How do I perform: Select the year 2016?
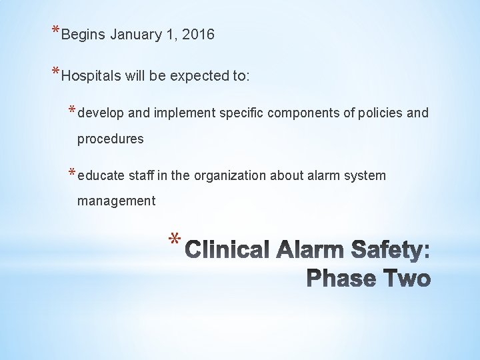tap(197, 35)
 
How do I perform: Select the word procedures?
tap(110, 139)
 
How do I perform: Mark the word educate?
tap(101, 175)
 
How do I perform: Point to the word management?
tap(116, 201)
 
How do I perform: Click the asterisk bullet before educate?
tap(72, 172)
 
